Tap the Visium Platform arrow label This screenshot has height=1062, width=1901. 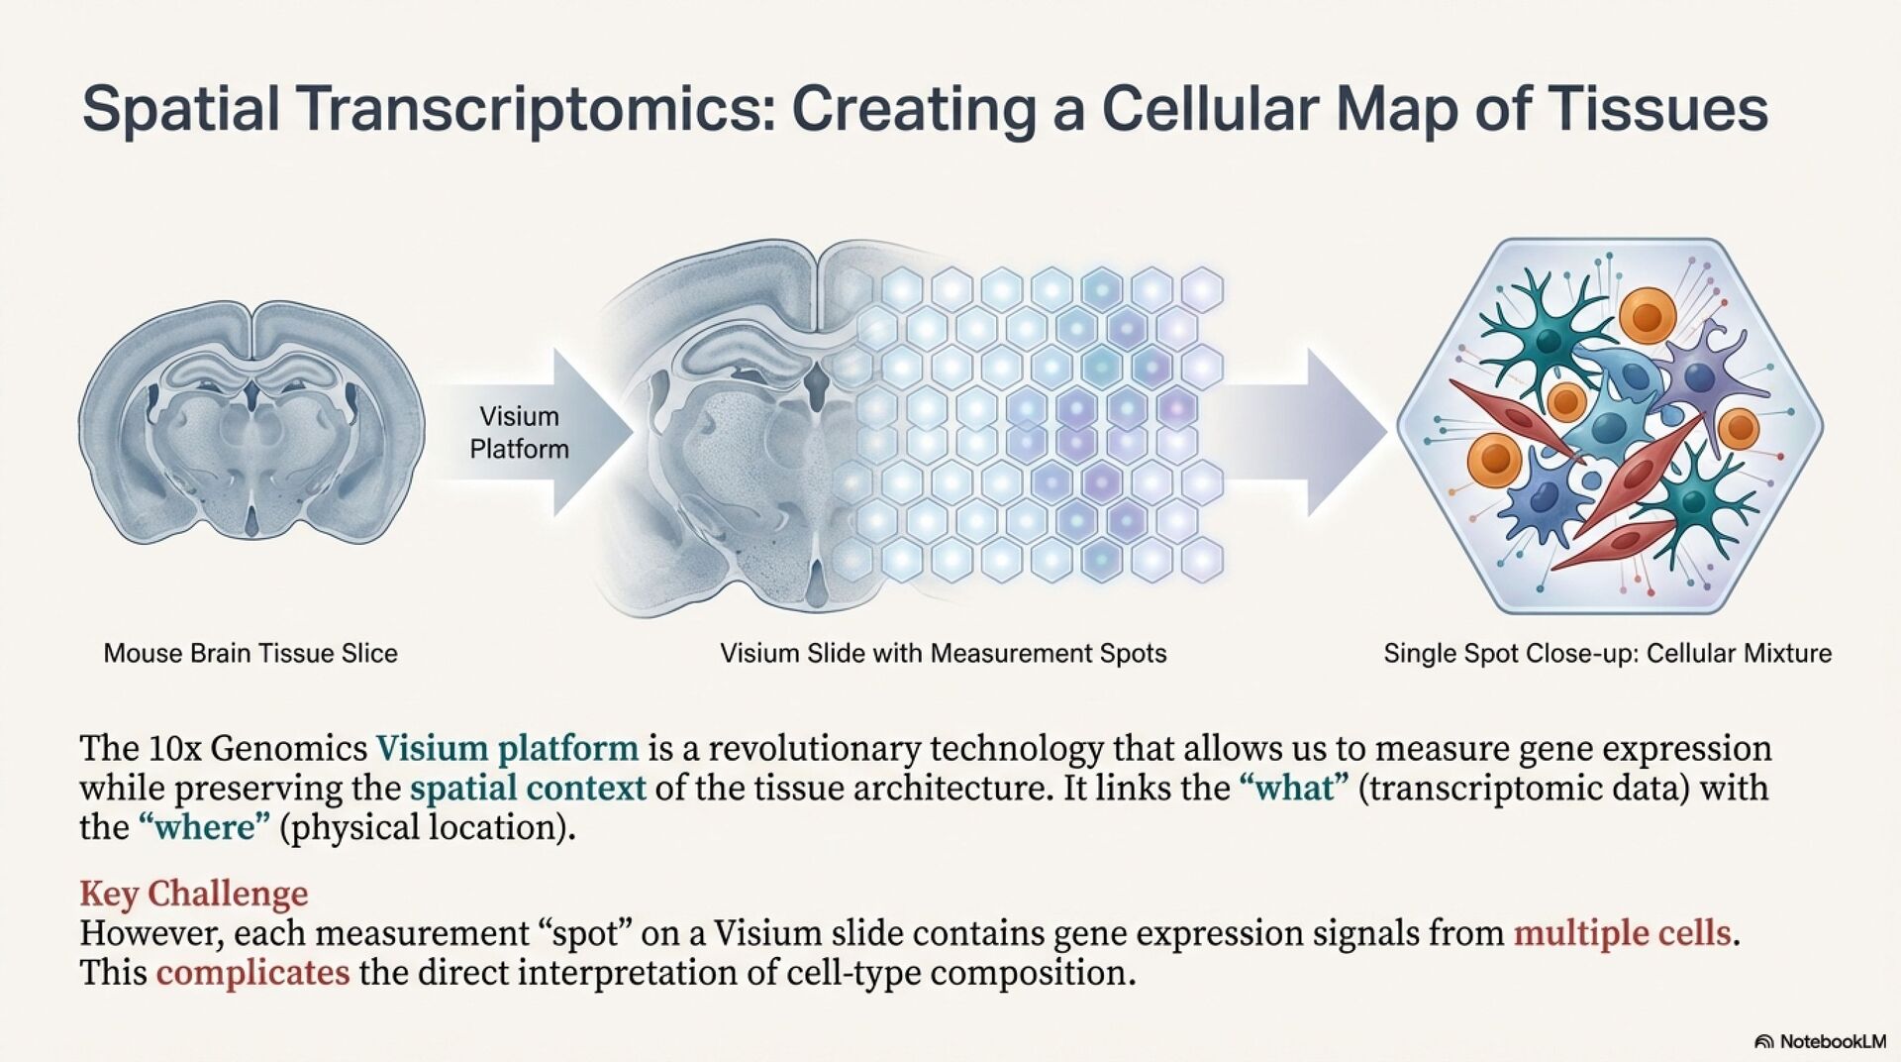tap(519, 433)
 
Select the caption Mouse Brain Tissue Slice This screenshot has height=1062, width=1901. tap(250, 654)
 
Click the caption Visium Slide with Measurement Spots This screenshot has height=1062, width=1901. tap(943, 654)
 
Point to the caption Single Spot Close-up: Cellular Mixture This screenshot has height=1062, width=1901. tap(1607, 654)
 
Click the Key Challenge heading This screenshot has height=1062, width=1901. tap(194, 894)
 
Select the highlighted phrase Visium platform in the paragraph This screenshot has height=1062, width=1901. tap(507, 748)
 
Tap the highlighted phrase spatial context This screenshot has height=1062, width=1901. tap(528, 789)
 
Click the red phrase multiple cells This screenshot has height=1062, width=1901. tap(1622, 933)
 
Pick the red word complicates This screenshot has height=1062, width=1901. tap(252, 973)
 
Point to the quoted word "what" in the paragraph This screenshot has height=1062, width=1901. tap(1294, 789)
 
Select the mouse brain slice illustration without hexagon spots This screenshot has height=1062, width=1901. tap(251, 421)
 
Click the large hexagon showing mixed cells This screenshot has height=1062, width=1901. tap(1609, 426)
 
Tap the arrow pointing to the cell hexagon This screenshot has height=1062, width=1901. tap(1307, 431)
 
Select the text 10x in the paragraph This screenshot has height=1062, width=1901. tap(174, 748)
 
